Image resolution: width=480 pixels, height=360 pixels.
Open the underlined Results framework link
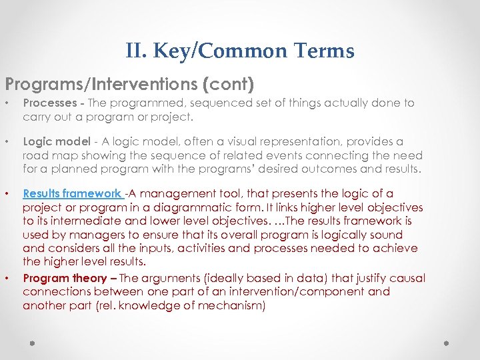coord(73,194)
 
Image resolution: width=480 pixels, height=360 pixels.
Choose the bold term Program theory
coord(65,278)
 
